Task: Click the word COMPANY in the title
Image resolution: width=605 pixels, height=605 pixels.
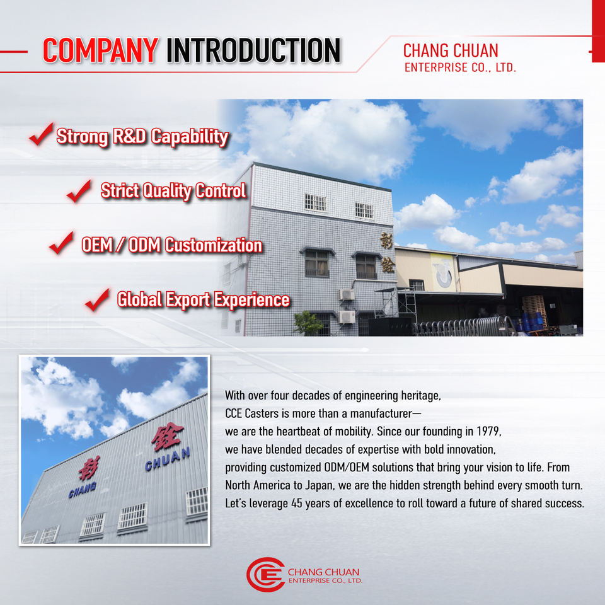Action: (x=100, y=50)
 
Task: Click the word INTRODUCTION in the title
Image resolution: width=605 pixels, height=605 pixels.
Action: (x=253, y=50)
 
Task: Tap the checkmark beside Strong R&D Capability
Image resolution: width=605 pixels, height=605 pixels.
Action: (x=42, y=134)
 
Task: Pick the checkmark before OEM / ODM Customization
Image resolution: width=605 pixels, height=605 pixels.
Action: (x=61, y=243)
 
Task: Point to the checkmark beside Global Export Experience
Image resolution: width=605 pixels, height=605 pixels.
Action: (x=97, y=300)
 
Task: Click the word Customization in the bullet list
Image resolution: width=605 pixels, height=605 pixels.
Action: (x=214, y=245)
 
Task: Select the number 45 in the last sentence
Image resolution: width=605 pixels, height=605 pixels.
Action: (x=297, y=504)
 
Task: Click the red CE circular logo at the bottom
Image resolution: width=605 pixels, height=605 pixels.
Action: (x=265, y=575)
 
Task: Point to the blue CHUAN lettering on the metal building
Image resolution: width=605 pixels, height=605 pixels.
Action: (x=168, y=459)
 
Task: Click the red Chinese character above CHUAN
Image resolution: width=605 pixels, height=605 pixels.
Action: (x=167, y=436)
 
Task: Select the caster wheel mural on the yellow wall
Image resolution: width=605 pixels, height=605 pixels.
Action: (x=442, y=272)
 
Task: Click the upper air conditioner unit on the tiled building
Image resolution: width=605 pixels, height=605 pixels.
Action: (x=347, y=295)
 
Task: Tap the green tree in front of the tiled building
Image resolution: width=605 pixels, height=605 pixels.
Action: (x=308, y=323)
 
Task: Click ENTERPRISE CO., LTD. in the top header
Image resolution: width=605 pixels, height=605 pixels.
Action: (x=460, y=67)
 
